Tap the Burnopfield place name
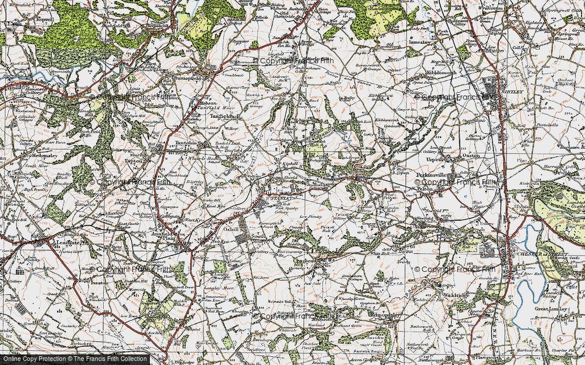tap(189, 77)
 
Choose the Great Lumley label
tap(548, 309)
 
